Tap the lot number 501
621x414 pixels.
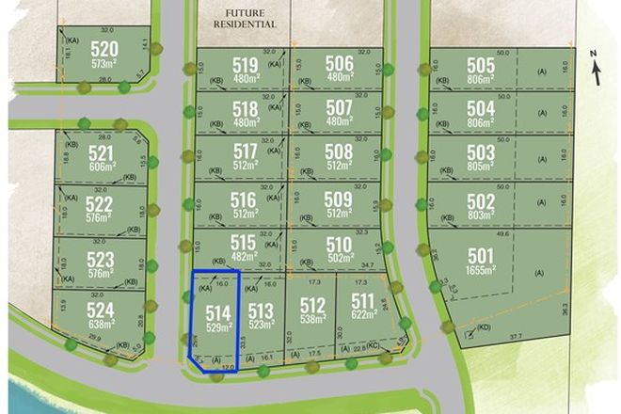click(480, 255)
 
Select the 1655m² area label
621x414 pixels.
click(480, 271)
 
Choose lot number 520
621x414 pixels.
click(104, 49)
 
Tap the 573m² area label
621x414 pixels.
click(104, 64)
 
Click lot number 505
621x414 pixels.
click(480, 65)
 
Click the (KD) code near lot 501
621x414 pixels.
click(484, 329)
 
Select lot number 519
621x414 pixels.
click(245, 65)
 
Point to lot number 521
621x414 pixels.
click(100, 153)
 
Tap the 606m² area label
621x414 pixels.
click(100, 167)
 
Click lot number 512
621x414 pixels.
click(311, 305)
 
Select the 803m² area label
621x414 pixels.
click(480, 215)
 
